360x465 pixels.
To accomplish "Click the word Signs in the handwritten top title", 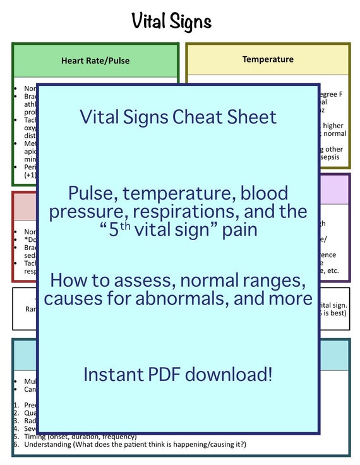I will pyautogui.click(x=190, y=21).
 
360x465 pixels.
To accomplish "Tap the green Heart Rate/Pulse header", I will pyautogui.click(x=95, y=61).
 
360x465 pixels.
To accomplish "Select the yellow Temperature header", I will pyautogui.click(x=268, y=59).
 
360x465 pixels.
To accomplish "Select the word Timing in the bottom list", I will pyautogui.click(x=35, y=437).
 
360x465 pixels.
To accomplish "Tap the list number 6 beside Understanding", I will pyautogui.click(x=16, y=445).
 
